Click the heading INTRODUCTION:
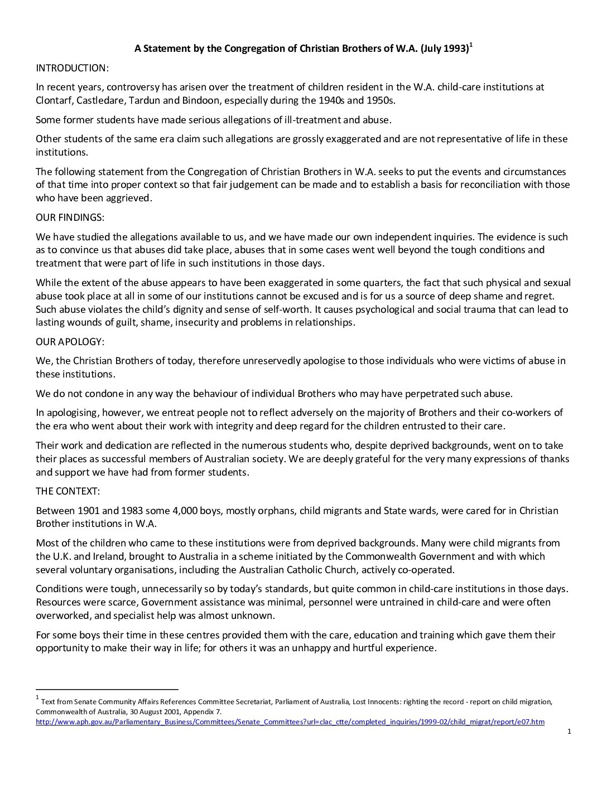tap(72, 68)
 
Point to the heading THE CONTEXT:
tap(68, 491)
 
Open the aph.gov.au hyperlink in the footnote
tap(290, 722)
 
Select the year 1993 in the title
tap(455, 49)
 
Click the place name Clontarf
tap(54, 100)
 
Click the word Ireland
tap(93, 556)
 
